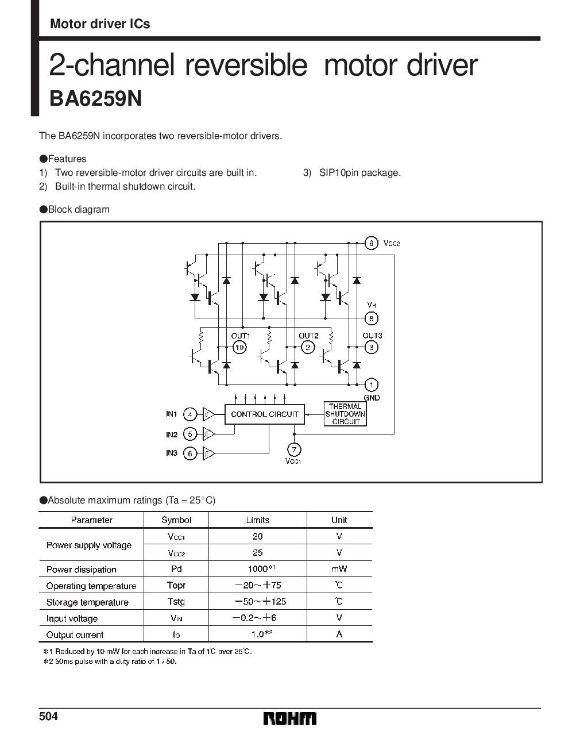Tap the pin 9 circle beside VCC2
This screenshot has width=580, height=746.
pyautogui.click(x=372, y=243)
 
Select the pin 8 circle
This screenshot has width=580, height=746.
pyautogui.click(x=372, y=318)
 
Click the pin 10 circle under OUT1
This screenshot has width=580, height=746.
pyautogui.click(x=239, y=347)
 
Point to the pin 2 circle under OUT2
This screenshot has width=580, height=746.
pyautogui.click(x=308, y=347)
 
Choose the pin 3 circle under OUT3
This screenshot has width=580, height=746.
pyautogui.click(x=372, y=347)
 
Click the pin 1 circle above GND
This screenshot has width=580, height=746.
pyautogui.click(x=372, y=384)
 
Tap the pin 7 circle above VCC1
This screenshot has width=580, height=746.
pyautogui.click(x=293, y=449)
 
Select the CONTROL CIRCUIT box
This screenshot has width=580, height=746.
pyautogui.click(x=264, y=414)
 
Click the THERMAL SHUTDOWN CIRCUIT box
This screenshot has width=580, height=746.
pyautogui.click(x=345, y=414)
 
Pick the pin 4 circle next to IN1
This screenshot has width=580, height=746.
pyautogui.click(x=190, y=414)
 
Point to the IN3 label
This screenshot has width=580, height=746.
pyautogui.click(x=172, y=453)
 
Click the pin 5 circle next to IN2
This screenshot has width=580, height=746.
pyautogui.click(x=190, y=434)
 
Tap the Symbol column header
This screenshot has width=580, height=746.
pyautogui.click(x=176, y=520)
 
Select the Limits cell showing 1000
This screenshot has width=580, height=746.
pyautogui.click(x=258, y=569)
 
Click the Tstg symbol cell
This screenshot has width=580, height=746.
pyautogui.click(x=176, y=602)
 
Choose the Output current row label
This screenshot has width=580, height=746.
pyautogui.click(x=75, y=635)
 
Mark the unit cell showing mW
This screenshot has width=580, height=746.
pyautogui.click(x=339, y=569)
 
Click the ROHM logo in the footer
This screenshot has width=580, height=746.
pyautogui.click(x=290, y=719)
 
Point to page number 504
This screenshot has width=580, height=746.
pyautogui.click(x=49, y=717)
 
